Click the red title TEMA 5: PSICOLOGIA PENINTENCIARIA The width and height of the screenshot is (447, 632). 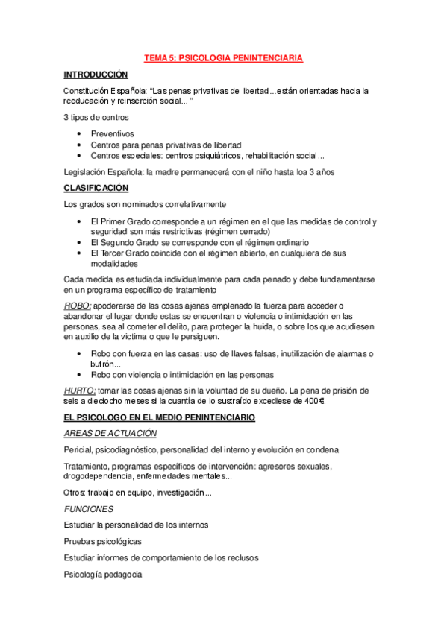click(x=223, y=57)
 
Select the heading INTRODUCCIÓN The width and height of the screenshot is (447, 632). click(x=96, y=75)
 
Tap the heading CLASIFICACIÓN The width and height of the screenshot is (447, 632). click(x=96, y=188)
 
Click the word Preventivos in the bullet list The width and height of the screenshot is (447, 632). click(x=113, y=133)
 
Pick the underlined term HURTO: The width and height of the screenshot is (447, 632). click(x=80, y=391)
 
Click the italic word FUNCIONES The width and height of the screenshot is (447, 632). click(x=88, y=509)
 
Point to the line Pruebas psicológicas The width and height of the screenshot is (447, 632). click(x=103, y=541)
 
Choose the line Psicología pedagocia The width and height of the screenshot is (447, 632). click(x=102, y=575)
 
